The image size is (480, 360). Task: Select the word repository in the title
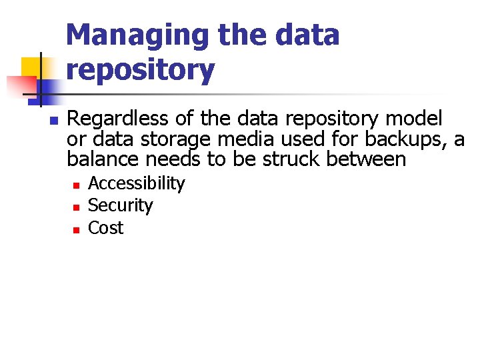point(141,69)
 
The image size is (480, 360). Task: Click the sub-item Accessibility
point(136,183)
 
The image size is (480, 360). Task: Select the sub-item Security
point(120,205)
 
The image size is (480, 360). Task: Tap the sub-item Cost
point(105,228)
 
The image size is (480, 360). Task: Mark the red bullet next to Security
point(76,207)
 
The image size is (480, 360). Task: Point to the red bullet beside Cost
point(76,229)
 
